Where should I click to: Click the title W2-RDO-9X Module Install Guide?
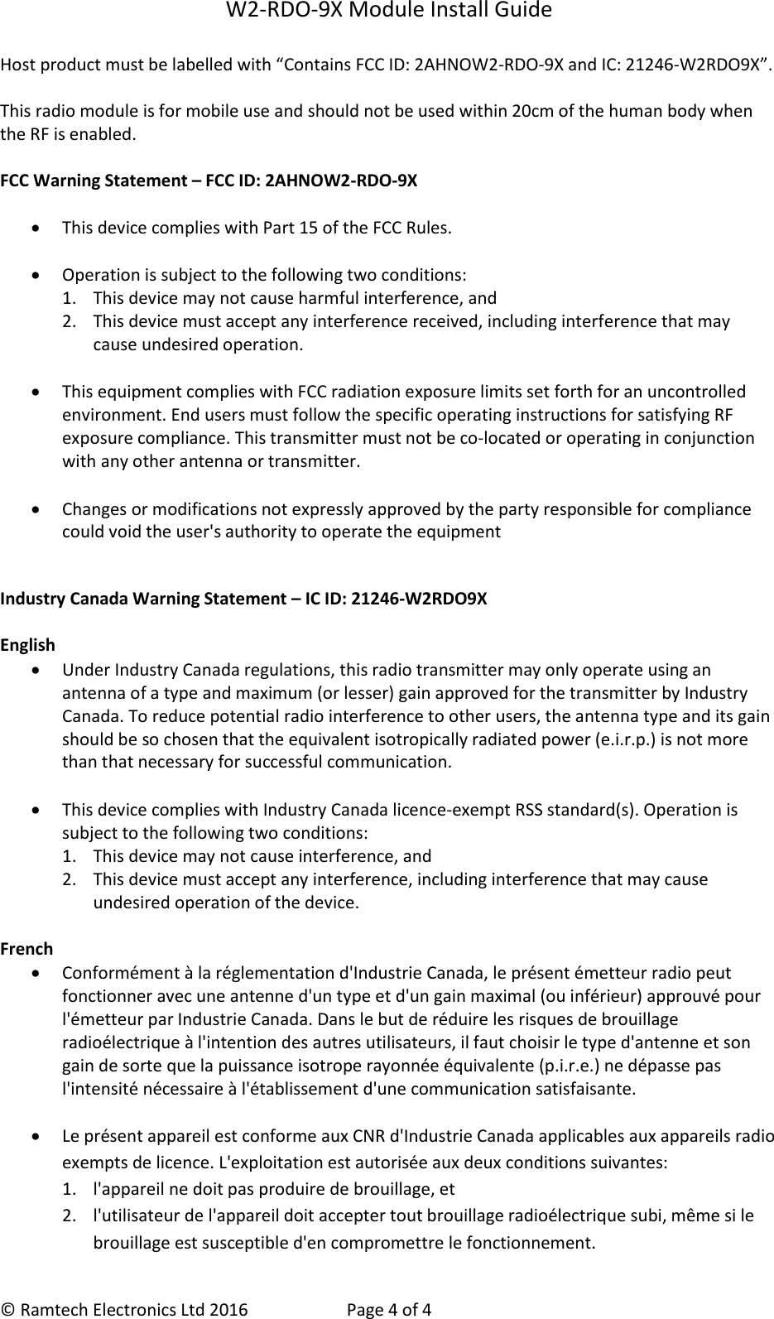[387, 12]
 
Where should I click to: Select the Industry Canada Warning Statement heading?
[244, 598]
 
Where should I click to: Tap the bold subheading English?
[28, 645]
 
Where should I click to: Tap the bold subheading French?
[26, 949]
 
